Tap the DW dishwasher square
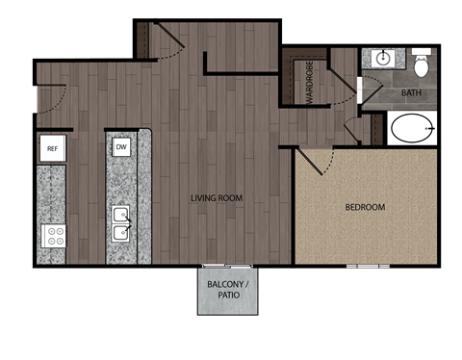click(x=121, y=147)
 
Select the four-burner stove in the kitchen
click(x=52, y=234)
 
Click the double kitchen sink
click(x=122, y=222)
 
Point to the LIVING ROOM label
click(x=216, y=198)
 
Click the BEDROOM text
click(x=365, y=207)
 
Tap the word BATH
click(x=411, y=93)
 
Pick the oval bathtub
click(x=412, y=128)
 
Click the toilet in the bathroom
click(x=421, y=65)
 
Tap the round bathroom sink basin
click(x=383, y=58)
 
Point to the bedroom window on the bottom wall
click(x=368, y=266)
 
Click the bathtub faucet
click(x=432, y=128)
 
